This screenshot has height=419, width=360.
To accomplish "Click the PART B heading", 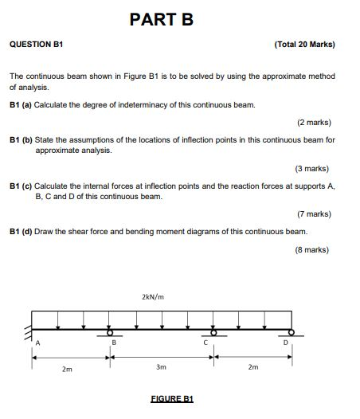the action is tap(161, 20).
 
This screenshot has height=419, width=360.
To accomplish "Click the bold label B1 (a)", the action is tap(21, 105).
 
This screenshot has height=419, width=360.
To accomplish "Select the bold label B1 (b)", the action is tap(21, 139).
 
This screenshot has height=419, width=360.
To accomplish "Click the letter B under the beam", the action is tap(113, 343).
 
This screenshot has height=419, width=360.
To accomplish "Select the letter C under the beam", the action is tap(205, 343).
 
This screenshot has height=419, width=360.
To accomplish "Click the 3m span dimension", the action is tap(161, 368).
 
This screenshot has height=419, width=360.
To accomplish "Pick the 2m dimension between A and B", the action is tap(68, 370).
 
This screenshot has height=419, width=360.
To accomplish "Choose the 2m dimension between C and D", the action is tap(252, 367).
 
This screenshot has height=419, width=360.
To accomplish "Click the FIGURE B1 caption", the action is tap(172, 398).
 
